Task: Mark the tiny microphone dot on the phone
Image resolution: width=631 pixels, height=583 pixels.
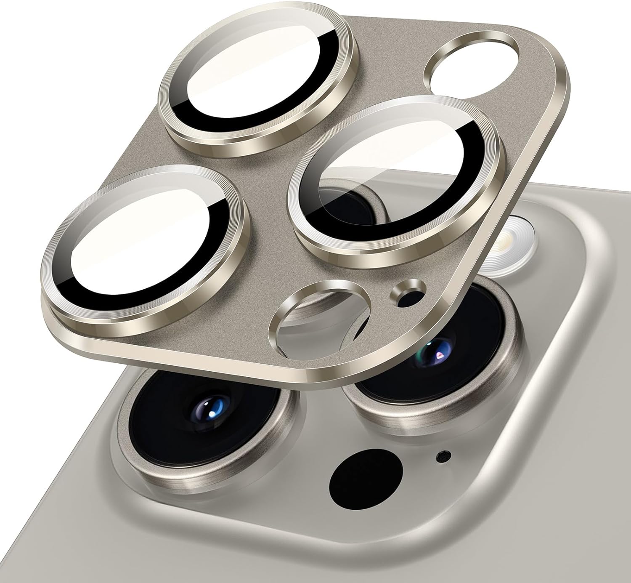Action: click(442, 455)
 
